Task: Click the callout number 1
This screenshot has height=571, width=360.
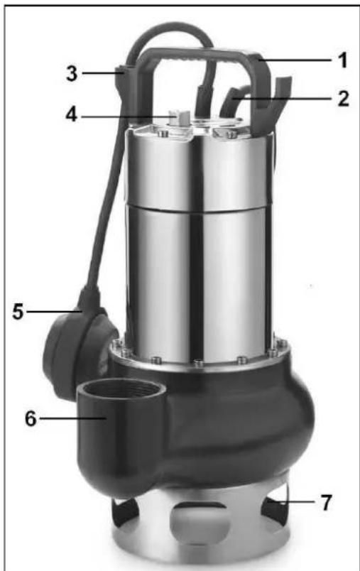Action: (342, 60)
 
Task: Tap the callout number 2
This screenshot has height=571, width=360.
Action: (343, 98)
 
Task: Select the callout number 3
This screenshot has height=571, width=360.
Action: (72, 73)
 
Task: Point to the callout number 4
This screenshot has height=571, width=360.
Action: (71, 115)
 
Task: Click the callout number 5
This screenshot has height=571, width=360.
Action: (18, 312)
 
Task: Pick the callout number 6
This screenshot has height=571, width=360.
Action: (31, 418)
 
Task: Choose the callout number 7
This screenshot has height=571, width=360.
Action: (327, 503)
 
